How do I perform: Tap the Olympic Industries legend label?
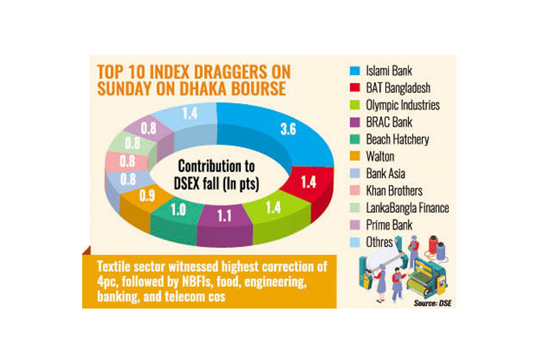tap(403, 106)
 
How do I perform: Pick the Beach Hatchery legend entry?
tap(397, 139)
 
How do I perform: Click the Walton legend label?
tap(380, 157)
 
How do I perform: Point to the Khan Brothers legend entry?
tap(394, 191)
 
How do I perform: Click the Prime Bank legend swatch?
tap(356, 225)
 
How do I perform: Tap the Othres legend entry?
tap(380, 242)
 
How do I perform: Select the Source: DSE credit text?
tap(430, 303)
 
